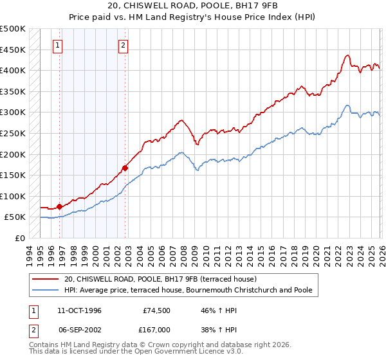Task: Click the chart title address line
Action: (x=193, y=6)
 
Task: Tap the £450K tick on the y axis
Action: (x=13, y=50)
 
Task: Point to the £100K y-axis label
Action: (x=13, y=196)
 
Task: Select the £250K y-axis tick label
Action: (x=13, y=133)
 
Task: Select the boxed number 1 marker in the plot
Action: (x=59, y=45)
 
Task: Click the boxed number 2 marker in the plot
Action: (x=123, y=45)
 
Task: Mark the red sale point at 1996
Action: (x=60, y=206)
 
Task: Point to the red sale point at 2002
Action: (x=125, y=168)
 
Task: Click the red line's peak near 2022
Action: (x=347, y=55)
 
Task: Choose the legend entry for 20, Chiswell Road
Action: (x=160, y=279)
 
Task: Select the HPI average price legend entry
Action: (x=188, y=290)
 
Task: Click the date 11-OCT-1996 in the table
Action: (x=79, y=310)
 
